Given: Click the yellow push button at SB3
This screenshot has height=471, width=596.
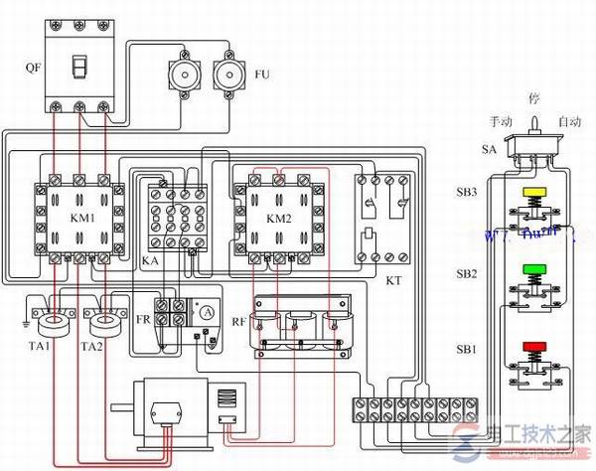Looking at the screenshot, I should pyautogui.click(x=534, y=193).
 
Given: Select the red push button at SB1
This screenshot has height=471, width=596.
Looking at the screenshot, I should pyautogui.click(x=534, y=347).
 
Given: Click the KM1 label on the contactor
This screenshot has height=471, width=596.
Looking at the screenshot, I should pyautogui.click(x=80, y=217).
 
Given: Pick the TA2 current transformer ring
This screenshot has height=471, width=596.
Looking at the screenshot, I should pyautogui.click(x=102, y=322).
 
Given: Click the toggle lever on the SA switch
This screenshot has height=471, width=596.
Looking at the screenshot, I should pyautogui.click(x=532, y=125).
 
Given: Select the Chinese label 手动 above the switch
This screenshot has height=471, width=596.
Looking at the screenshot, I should pyautogui.click(x=501, y=120).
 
